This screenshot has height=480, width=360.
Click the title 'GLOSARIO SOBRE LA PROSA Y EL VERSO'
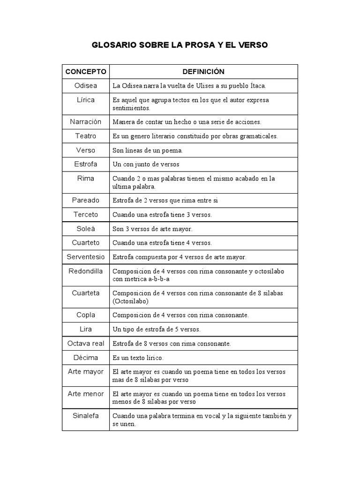click(x=180, y=45)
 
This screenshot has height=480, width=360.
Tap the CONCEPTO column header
click(x=86, y=72)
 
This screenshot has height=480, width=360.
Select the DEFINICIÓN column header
click(x=203, y=72)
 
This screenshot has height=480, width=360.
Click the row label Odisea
click(x=86, y=85)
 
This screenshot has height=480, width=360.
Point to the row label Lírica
click(x=86, y=100)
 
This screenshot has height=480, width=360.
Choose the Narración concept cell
click(x=86, y=121)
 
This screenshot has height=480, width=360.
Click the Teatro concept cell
click(x=86, y=136)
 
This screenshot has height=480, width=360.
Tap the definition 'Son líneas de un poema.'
click(x=147, y=150)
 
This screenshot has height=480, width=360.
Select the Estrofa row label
click(x=86, y=164)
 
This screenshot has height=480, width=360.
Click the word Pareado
click(x=86, y=200)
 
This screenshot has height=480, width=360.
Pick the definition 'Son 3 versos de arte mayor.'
click(x=152, y=229)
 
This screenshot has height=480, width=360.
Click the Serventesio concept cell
click(x=86, y=257)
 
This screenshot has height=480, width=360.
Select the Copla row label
click(x=86, y=315)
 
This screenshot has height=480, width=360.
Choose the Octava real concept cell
click(x=86, y=343)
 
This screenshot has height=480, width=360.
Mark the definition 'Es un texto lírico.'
click(x=138, y=358)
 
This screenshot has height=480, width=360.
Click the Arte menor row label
click(x=86, y=394)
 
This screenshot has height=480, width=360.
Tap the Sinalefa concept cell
click(x=86, y=415)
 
